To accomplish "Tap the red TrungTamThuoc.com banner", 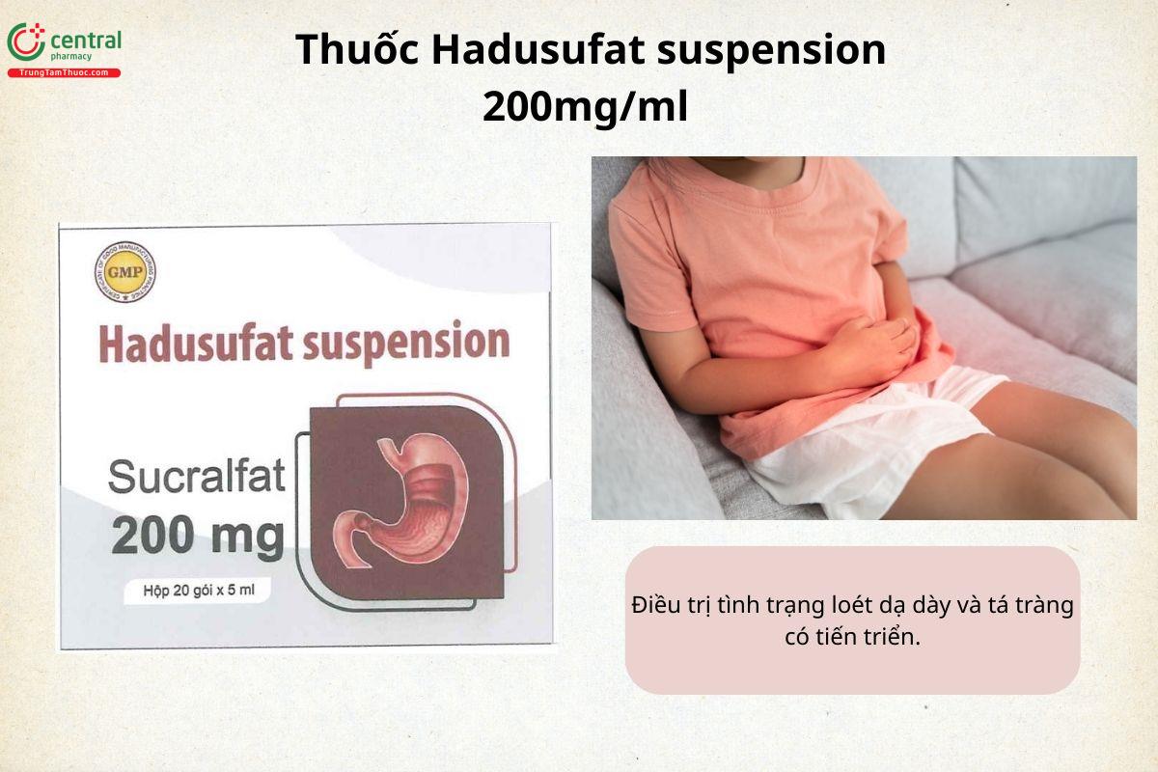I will (65, 73).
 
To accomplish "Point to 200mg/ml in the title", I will (585, 107).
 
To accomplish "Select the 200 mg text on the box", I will (198, 536).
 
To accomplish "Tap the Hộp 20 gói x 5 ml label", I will (195, 591).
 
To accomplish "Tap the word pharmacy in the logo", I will (71, 57).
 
